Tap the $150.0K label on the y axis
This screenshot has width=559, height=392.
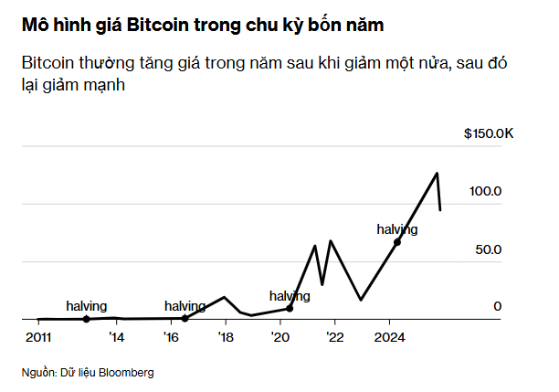[x=489, y=133]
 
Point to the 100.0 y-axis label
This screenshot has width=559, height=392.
[x=486, y=191]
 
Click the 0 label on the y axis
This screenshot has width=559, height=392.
[x=498, y=307]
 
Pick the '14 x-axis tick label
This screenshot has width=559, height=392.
[x=117, y=336]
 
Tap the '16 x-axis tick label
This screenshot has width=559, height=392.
[x=172, y=336]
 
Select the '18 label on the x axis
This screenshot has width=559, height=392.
[x=227, y=336]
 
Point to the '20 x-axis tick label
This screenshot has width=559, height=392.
[x=280, y=336]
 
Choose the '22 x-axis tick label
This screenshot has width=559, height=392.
[x=335, y=336]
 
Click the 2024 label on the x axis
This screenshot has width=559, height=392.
[x=390, y=336]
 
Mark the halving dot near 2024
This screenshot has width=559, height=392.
[x=396, y=242]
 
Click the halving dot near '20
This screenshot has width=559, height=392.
[x=290, y=309]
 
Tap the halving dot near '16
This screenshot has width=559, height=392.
[x=185, y=318]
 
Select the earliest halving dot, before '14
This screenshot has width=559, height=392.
[x=86, y=319]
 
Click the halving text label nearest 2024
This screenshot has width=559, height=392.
[x=396, y=229]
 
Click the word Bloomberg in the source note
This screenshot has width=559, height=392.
[x=123, y=373]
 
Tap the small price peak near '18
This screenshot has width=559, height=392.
[x=225, y=297]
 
